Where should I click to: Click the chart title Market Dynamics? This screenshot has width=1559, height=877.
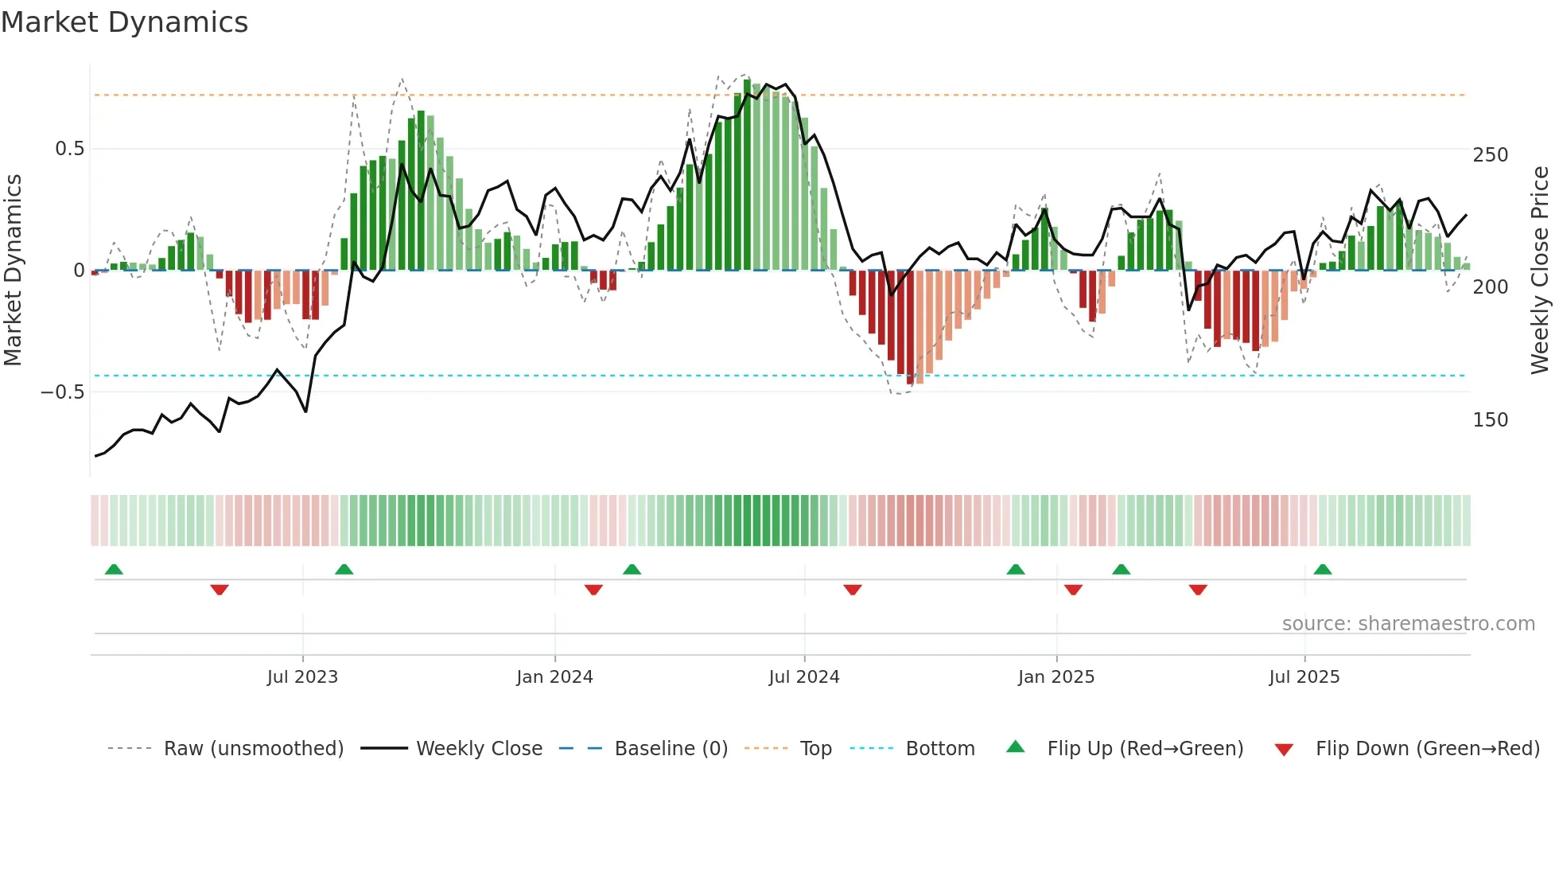[124, 22]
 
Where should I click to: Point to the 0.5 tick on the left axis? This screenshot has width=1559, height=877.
[69, 149]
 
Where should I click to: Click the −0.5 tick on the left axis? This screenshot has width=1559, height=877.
[63, 392]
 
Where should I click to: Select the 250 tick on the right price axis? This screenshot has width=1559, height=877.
[1490, 155]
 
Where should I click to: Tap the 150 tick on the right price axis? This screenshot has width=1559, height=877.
[1490, 420]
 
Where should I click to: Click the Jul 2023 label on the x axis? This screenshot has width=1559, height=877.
[302, 677]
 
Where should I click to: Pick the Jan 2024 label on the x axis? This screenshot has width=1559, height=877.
[554, 677]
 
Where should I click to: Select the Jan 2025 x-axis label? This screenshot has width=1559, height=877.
[1056, 677]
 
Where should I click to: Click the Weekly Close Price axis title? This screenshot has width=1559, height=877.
[1540, 271]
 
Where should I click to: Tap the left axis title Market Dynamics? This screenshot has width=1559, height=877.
[14, 271]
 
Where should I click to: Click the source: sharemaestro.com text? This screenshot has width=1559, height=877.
[1408, 624]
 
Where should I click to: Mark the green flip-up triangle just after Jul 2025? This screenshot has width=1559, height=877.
[1323, 570]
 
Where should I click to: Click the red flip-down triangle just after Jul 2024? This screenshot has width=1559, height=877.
[853, 590]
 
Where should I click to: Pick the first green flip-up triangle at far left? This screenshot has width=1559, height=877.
[114, 570]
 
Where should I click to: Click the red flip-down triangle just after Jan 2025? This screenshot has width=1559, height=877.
[1073, 590]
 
